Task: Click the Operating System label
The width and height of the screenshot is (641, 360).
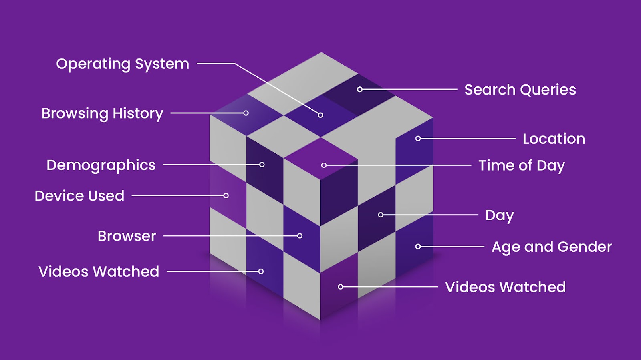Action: pyautogui.click(x=122, y=64)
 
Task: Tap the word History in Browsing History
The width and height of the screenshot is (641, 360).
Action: pyautogui.click(x=138, y=113)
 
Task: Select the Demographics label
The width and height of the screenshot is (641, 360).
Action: pyautogui.click(x=101, y=165)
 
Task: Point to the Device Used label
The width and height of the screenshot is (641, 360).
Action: pyautogui.click(x=79, y=196)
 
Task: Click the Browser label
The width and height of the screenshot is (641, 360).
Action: pyautogui.click(x=127, y=236)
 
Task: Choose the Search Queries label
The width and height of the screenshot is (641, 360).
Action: pyautogui.click(x=520, y=90)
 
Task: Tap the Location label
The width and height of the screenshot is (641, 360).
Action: pyautogui.click(x=554, y=139)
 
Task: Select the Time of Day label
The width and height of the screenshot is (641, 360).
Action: pyautogui.click(x=522, y=165)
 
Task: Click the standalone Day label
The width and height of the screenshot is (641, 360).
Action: pyautogui.click(x=499, y=215)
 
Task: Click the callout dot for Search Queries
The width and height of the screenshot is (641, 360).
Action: pyautogui.click(x=360, y=89)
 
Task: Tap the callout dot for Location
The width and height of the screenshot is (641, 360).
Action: pyautogui.click(x=418, y=139)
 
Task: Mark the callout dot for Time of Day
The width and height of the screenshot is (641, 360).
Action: pyautogui.click(x=324, y=165)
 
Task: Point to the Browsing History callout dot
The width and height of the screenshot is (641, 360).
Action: pyautogui.click(x=246, y=113)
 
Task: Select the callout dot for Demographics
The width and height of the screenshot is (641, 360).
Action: pyautogui.click(x=262, y=165)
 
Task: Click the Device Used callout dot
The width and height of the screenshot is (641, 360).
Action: pyautogui.click(x=226, y=196)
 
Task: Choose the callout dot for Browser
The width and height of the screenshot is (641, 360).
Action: pyautogui.click(x=300, y=236)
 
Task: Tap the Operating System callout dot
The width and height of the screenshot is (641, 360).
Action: pyautogui.click(x=320, y=115)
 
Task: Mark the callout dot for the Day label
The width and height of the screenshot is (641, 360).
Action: pyautogui.click(x=381, y=215)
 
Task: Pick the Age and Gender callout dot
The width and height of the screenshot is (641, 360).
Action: pyautogui.click(x=418, y=247)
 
